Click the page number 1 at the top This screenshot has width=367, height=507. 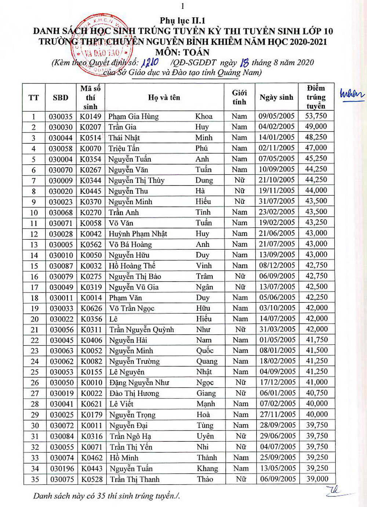182,6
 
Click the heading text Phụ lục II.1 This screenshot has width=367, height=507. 182,21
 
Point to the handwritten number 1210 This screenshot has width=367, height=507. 150,62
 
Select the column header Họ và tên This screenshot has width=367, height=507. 164,98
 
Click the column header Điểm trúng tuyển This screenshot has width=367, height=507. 316,97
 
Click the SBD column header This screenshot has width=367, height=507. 61,98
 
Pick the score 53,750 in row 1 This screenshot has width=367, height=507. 316,116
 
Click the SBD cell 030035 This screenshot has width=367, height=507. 61,117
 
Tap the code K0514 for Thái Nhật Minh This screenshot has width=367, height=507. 91,138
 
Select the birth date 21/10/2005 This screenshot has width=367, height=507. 277,180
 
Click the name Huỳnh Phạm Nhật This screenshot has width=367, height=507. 138,234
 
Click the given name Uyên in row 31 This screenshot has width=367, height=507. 205,436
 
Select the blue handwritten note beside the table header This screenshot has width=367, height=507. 352,94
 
